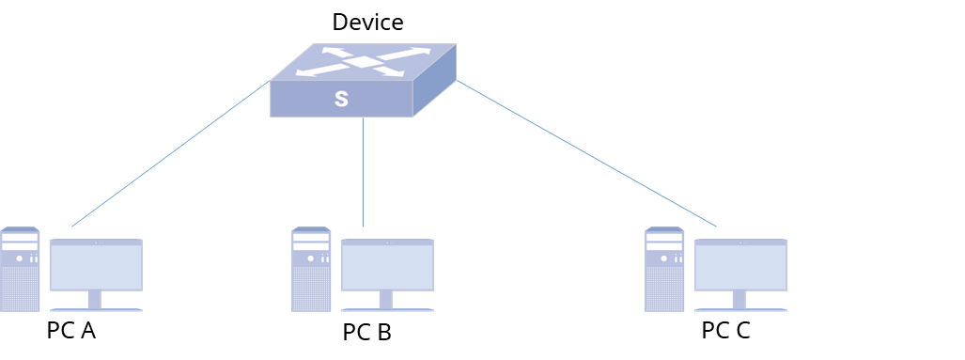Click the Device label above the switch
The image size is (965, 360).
(x=367, y=23)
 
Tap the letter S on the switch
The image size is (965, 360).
(x=342, y=99)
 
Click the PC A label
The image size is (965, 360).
(x=71, y=331)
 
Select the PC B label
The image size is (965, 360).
(x=366, y=333)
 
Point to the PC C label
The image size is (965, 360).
(x=725, y=331)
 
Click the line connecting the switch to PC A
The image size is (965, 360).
(x=171, y=153)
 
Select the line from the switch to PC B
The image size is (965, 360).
(x=363, y=172)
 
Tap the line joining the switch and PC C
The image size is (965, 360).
(x=586, y=153)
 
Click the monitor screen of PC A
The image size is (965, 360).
(x=96, y=265)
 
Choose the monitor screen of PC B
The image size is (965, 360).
(x=388, y=265)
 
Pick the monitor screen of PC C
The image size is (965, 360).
(x=741, y=265)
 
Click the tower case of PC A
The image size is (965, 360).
(x=20, y=270)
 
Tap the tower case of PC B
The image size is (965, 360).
(x=311, y=270)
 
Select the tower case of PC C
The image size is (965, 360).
(x=664, y=270)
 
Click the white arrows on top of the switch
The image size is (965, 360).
(x=363, y=62)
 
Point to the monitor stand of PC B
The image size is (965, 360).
(x=386, y=301)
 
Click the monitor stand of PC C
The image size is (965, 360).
(x=739, y=301)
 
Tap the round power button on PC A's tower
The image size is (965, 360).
(x=19, y=258)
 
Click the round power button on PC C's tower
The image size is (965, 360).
(x=663, y=258)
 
